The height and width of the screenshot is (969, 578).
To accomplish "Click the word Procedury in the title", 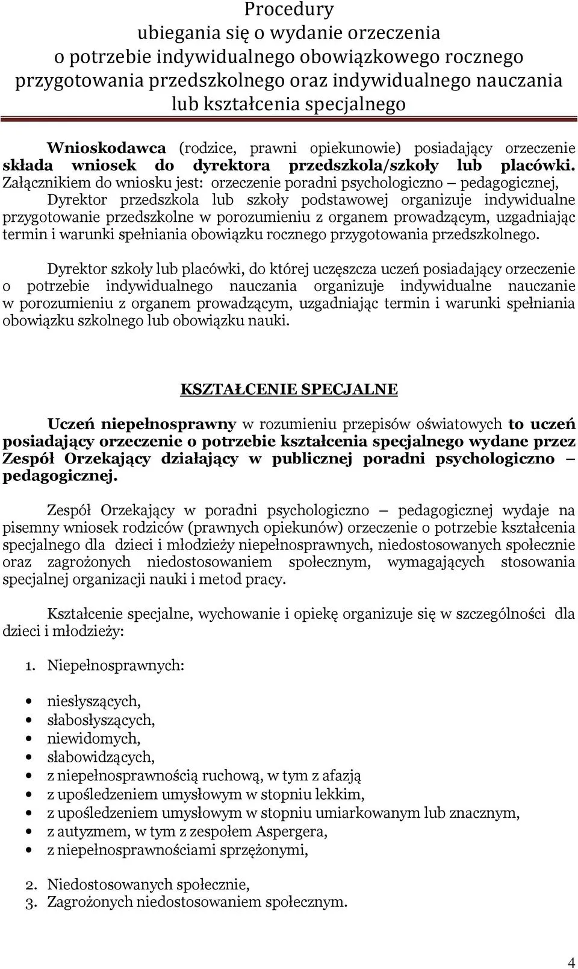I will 289,10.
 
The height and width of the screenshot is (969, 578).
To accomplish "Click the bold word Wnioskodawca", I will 106,148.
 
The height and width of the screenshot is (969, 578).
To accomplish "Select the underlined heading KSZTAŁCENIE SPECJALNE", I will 289,389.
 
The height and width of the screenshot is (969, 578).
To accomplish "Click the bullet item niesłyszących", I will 94,701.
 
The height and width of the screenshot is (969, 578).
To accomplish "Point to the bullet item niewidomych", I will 94,738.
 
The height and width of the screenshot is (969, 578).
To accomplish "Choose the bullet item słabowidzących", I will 101,757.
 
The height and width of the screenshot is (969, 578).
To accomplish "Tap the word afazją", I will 341,776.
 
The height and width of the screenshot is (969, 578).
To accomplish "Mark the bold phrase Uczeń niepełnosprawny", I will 141,424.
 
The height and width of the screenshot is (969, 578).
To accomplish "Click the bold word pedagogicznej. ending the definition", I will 60,477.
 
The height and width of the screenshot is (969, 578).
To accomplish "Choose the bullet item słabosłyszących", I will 101,720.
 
